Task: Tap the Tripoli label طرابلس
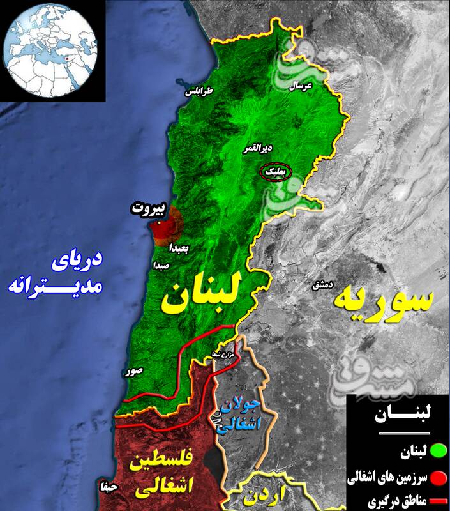[x=199, y=92]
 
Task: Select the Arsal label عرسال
[x=301, y=85]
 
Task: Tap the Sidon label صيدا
[x=161, y=264]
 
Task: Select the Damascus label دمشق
[x=320, y=285]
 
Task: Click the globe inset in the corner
[x=50, y=50]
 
